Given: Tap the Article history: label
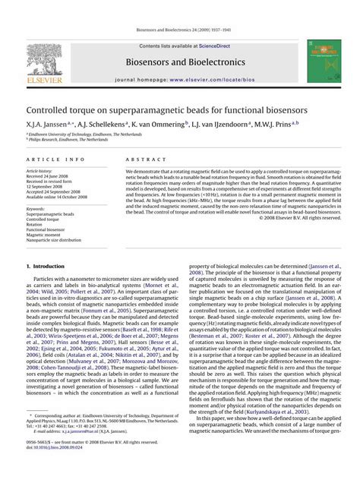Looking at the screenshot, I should [39, 172].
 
